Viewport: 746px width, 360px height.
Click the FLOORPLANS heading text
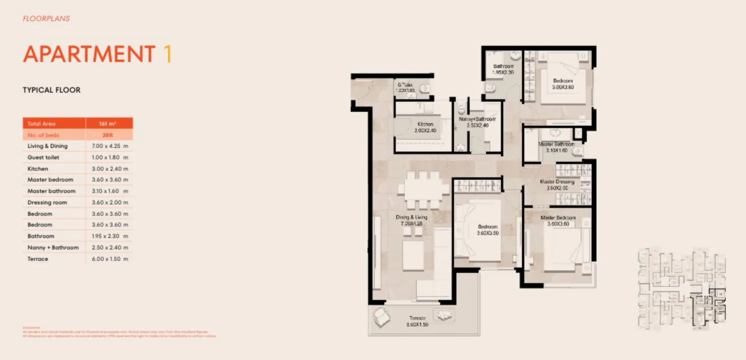[46, 18]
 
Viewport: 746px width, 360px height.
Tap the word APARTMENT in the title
[89, 54]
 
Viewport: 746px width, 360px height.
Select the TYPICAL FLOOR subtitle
[51, 90]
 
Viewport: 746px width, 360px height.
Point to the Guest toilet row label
[43, 157]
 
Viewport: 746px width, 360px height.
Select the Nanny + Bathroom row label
[53, 247]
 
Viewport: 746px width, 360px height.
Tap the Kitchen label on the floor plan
[425, 124]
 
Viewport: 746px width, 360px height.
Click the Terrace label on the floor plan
[417, 318]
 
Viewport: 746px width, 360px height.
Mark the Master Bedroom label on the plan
[558, 218]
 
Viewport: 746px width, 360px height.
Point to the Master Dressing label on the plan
[557, 182]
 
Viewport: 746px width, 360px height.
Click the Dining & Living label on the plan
[411, 217]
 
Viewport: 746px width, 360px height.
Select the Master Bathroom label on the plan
[556, 144]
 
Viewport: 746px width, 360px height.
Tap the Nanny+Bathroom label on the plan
[477, 119]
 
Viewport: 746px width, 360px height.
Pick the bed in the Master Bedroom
[565, 250]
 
